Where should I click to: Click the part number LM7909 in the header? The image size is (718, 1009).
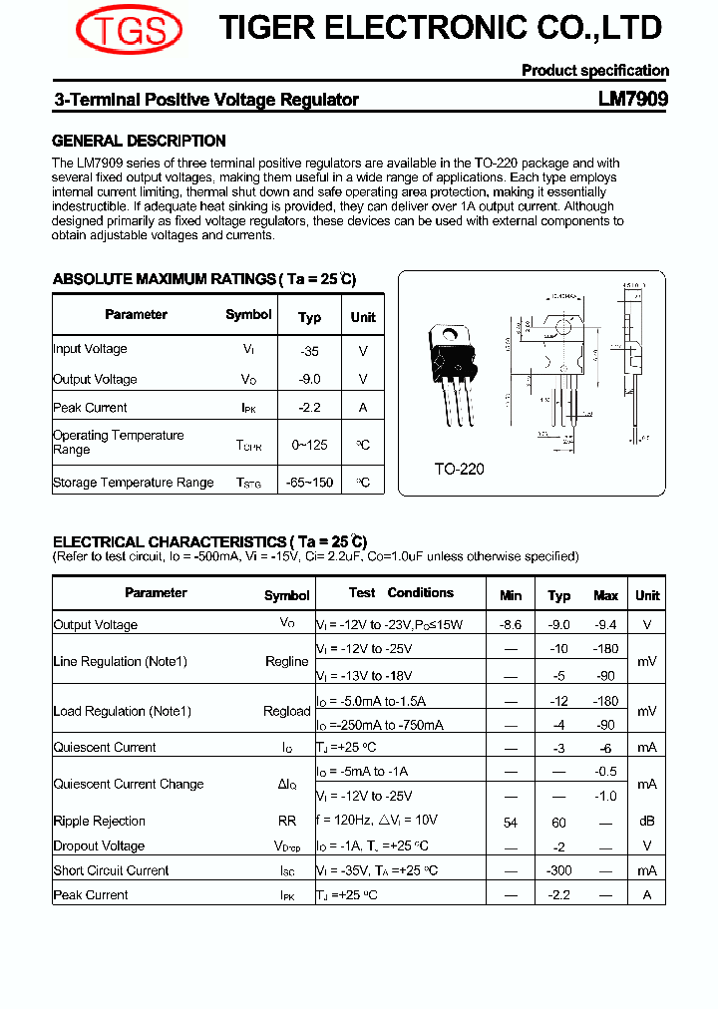(x=633, y=100)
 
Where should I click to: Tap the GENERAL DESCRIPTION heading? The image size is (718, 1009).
(x=139, y=142)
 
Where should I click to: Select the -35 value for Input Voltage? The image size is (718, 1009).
(x=309, y=351)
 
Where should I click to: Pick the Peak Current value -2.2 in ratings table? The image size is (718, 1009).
(x=309, y=408)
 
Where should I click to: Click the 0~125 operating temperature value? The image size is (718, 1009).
(x=309, y=445)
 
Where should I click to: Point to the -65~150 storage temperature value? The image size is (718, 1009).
(x=309, y=483)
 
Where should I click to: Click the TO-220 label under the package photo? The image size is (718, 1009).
(x=459, y=469)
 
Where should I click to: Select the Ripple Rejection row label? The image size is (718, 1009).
(x=99, y=822)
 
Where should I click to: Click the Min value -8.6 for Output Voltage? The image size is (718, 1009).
(x=511, y=625)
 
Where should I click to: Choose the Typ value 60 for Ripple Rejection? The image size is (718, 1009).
(x=558, y=823)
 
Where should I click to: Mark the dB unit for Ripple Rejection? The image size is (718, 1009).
(x=647, y=823)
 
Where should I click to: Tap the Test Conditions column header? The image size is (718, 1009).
(x=401, y=593)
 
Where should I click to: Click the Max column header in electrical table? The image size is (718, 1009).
(x=605, y=596)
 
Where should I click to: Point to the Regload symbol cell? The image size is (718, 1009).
(x=287, y=712)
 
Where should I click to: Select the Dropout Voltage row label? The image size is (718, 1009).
(x=99, y=846)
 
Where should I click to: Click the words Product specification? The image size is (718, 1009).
(x=594, y=71)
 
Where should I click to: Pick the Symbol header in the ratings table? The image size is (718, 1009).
(x=248, y=315)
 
